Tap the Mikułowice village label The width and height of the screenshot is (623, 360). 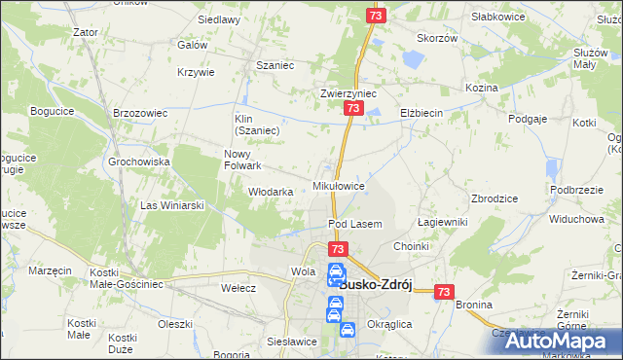coord(338,185)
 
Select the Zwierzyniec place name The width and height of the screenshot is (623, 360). coord(348,94)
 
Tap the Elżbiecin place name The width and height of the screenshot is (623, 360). coord(421,113)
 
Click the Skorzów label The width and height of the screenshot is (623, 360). coord(437,38)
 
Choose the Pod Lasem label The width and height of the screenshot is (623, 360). coord(354,224)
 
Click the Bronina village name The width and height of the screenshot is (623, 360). coord(473,305)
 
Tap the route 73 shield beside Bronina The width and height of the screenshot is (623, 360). coord(444,291)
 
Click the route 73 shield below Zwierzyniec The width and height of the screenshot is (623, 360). coord(350,112)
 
